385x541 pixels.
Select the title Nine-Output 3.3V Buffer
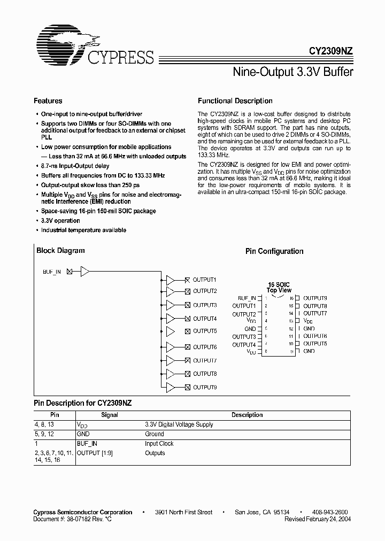click(x=293, y=71)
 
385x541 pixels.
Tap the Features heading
click(x=48, y=101)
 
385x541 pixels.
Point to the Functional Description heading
click(x=235, y=101)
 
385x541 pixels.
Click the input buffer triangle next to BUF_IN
click(x=84, y=272)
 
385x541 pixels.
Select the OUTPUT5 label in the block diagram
click(x=205, y=331)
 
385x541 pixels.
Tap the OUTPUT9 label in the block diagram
click(x=205, y=387)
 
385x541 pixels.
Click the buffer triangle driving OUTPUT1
click(x=170, y=280)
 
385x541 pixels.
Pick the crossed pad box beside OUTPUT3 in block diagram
click(x=187, y=305)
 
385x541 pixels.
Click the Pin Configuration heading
click(x=274, y=251)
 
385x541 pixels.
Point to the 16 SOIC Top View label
click(x=279, y=287)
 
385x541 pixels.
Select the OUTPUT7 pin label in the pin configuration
click(x=315, y=313)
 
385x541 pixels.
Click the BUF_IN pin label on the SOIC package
click(x=247, y=298)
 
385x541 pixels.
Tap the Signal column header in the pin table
click(x=110, y=415)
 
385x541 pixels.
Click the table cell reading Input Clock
click(x=159, y=443)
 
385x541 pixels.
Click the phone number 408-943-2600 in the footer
click(x=330, y=512)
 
